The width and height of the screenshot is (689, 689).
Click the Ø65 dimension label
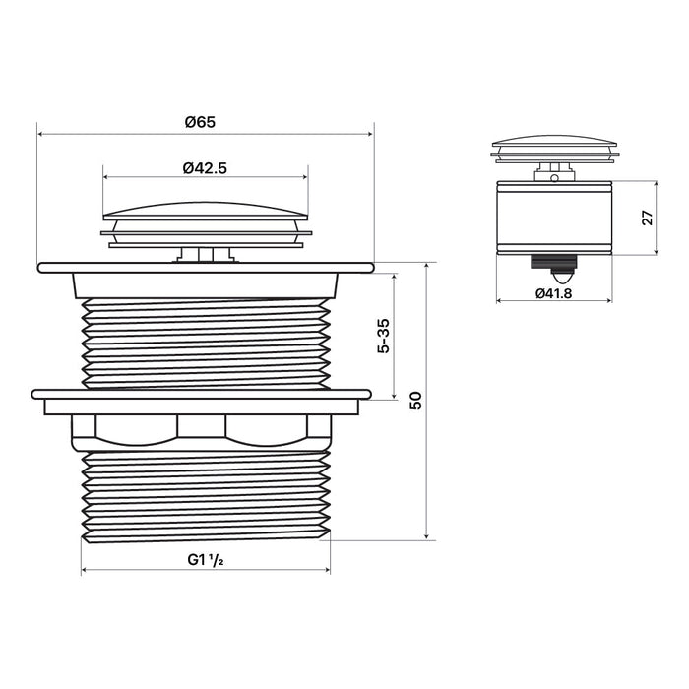(201, 122)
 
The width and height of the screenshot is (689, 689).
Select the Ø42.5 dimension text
(205, 168)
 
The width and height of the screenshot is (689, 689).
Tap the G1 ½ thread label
(206, 560)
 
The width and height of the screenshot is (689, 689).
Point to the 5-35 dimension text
(383, 336)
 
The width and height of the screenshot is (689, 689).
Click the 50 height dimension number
(415, 401)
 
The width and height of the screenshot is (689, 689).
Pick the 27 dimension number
(648, 218)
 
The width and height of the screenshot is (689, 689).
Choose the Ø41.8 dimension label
(553, 293)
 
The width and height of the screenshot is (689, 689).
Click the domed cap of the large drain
(206, 211)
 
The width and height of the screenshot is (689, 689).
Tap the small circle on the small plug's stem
(554, 178)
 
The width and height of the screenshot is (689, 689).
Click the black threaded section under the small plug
(553, 262)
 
